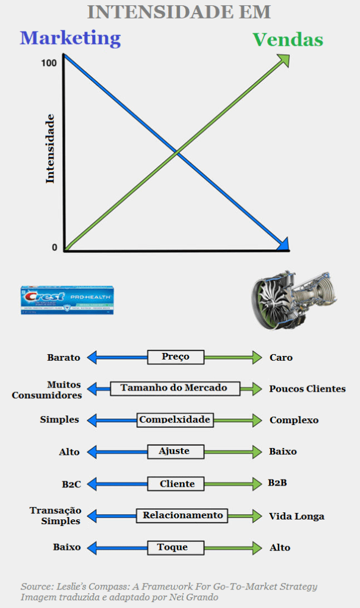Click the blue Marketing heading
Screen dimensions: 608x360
coord(70,39)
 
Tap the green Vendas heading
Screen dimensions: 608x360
coord(288,40)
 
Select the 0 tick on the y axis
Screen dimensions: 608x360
coord(55,248)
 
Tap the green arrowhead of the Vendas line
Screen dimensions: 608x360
coord(283,60)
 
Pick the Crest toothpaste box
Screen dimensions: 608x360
coord(67,300)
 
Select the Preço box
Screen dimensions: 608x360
coord(175,357)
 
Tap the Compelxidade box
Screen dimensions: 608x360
coord(175,420)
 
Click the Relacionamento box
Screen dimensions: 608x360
coord(182,515)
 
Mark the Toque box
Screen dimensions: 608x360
coord(173,547)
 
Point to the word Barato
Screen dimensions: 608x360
coord(64,358)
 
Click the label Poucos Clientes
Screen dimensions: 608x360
coord(307,389)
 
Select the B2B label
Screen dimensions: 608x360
coord(277,483)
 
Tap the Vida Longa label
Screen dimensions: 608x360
coord(296,516)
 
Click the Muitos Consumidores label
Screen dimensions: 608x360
coord(55,390)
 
